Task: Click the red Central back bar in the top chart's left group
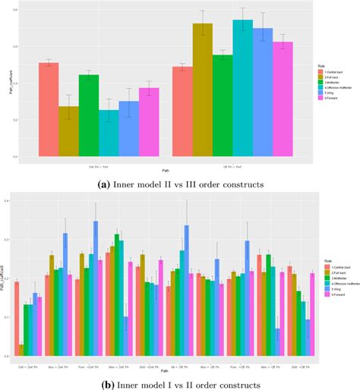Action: click(49, 109)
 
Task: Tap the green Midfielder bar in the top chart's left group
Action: click(89, 115)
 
